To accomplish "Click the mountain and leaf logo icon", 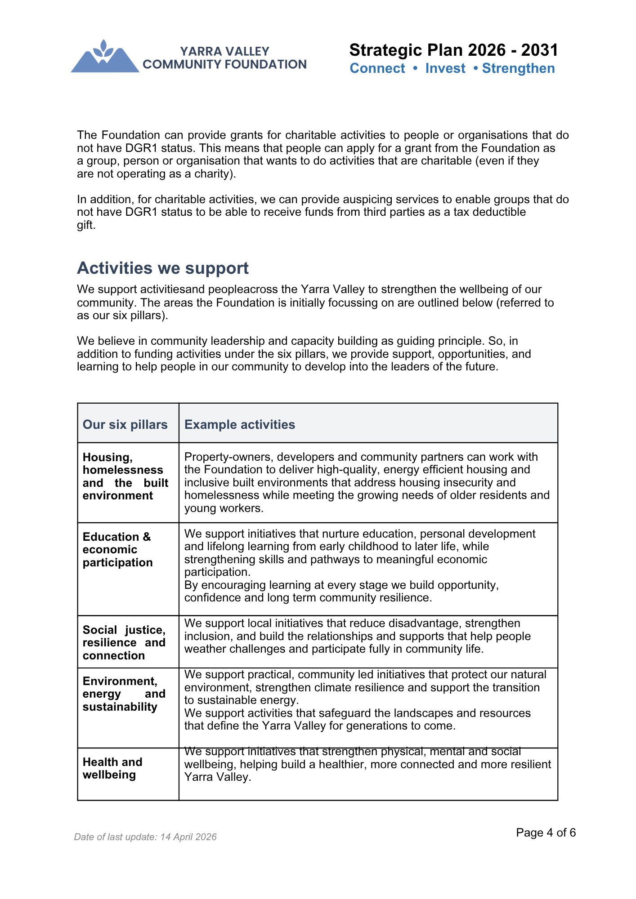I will (x=105, y=57).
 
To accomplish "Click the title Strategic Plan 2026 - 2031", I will (x=453, y=50).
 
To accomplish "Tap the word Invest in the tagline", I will (x=445, y=68).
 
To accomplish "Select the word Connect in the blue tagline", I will (x=377, y=68).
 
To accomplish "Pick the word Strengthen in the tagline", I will (x=518, y=68).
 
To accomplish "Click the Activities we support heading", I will (x=163, y=268).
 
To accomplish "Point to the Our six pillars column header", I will (x=125, y=424).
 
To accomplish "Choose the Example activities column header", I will (x=240, y=424).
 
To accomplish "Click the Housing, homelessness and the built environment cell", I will (x=125, y=476).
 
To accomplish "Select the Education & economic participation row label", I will (x=117, y=550).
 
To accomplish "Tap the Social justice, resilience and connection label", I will (x=124, y=643).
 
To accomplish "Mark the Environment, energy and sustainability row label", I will (x=124, y=694).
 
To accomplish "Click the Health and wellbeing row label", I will (x=112, y=768).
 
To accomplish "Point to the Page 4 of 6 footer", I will (x=546, y=832).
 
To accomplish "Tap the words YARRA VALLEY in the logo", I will (x=224, y=51).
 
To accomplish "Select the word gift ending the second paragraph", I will (x=85, y=225).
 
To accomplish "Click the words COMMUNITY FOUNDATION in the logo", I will (x=224, y=64).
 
